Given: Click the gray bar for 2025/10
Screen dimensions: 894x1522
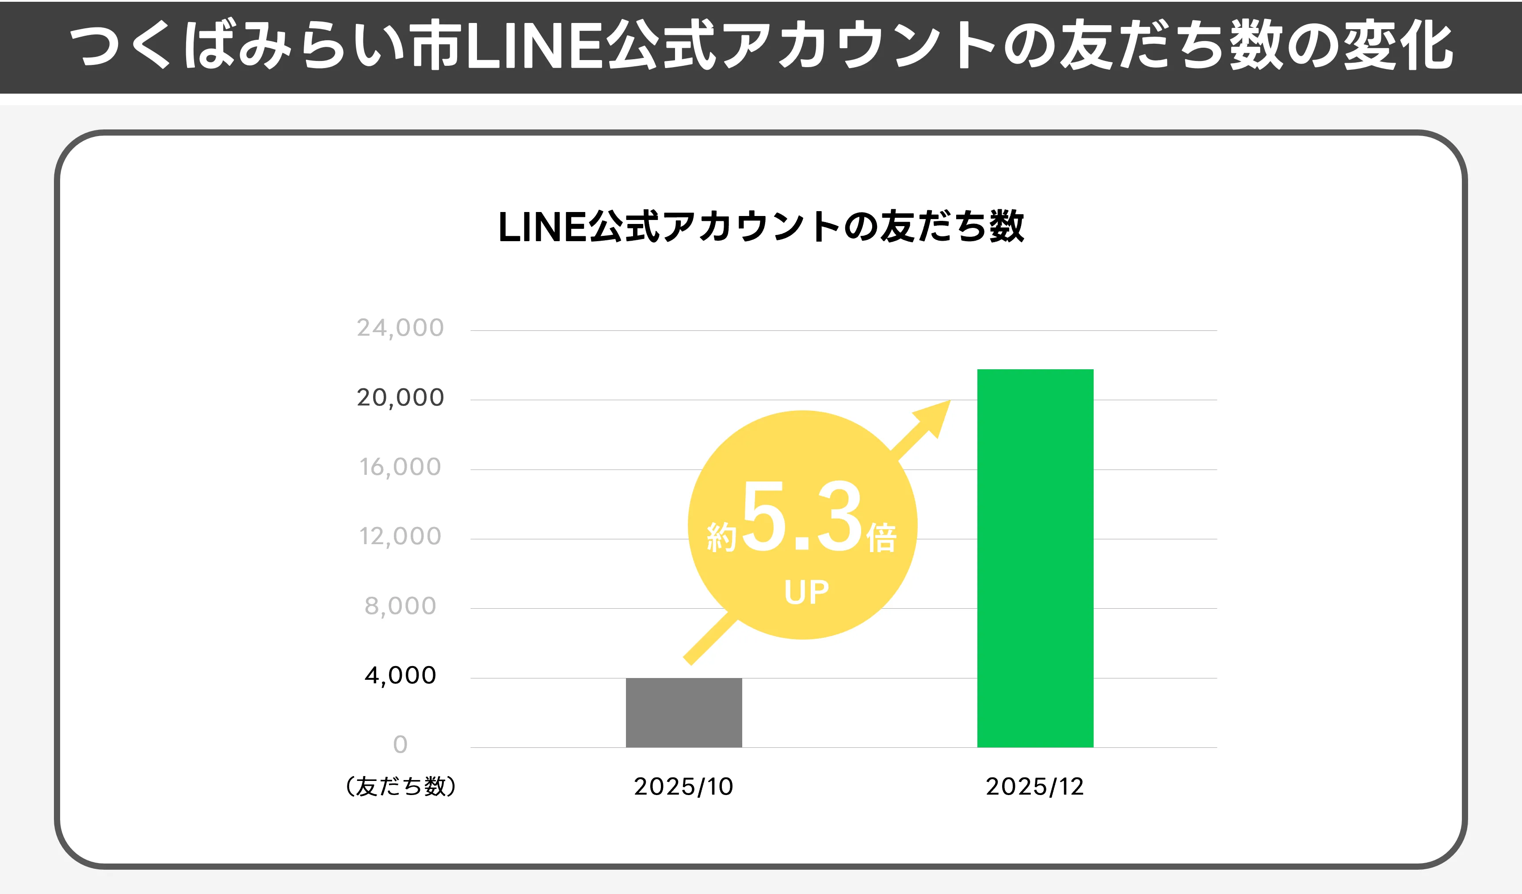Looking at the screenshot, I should click(x=684, y=712).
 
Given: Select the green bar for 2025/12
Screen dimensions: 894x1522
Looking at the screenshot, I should click(x=1035, y=558).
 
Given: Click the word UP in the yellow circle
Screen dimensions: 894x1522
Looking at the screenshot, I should click(x=806, y=592).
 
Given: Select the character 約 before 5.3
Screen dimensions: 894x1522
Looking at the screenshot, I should click(x=722, y=537).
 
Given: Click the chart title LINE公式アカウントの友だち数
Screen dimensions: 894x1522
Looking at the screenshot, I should click(x=761, y=227).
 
